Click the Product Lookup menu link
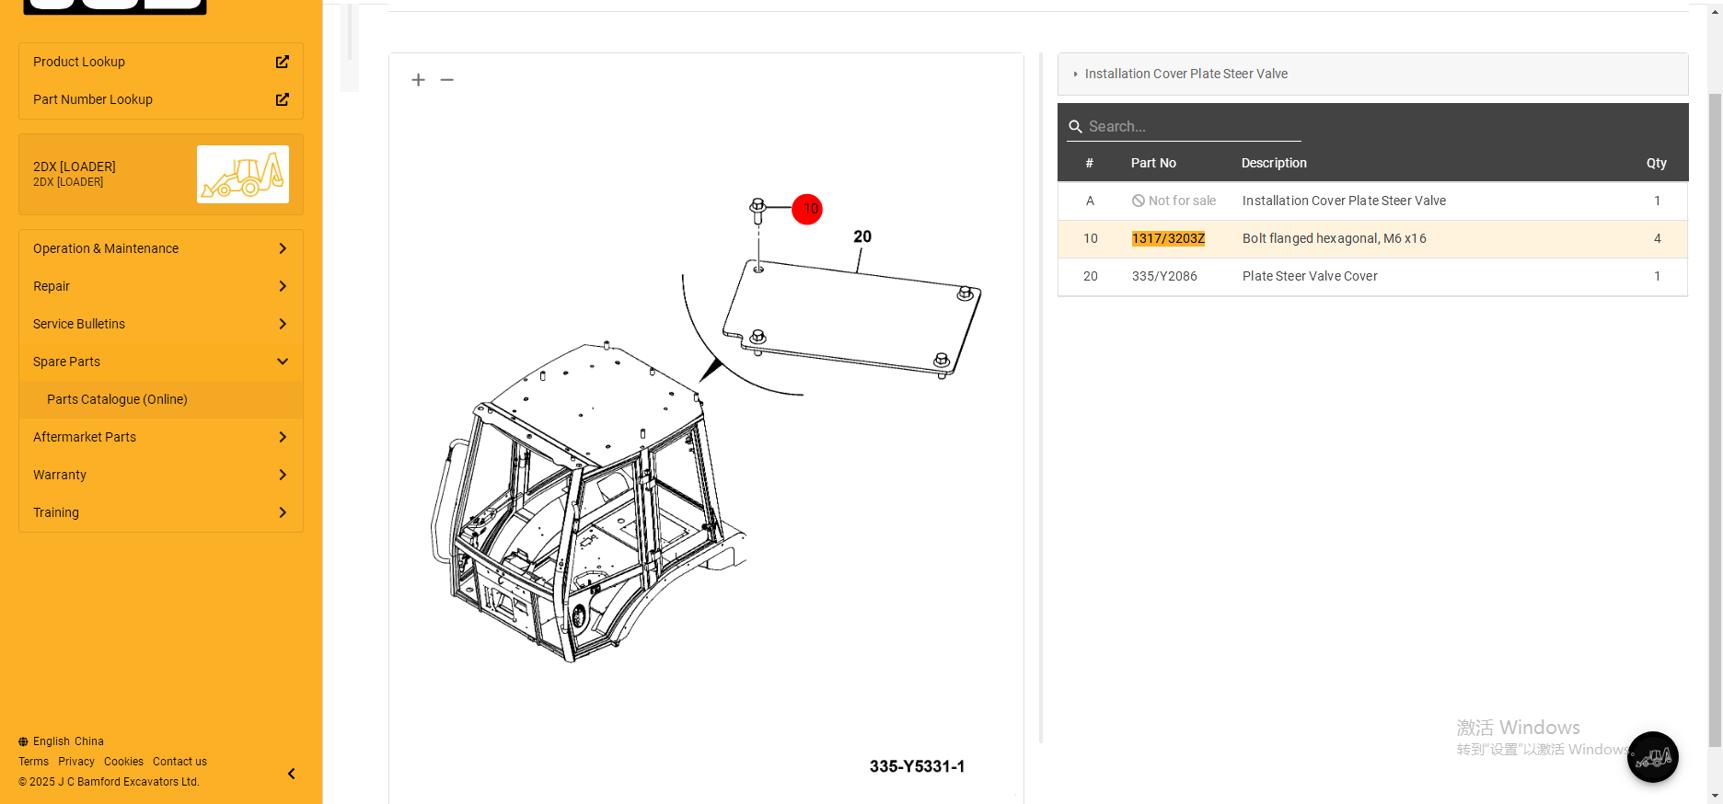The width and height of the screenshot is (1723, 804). click(161, 62)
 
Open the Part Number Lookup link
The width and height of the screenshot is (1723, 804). click(161, 99)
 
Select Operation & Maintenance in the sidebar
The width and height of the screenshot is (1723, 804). click(161, 248)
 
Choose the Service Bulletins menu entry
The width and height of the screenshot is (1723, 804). click(161, 324)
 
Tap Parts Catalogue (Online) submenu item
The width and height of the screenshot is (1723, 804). click(117, 399)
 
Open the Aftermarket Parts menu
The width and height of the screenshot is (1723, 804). click(161, 437)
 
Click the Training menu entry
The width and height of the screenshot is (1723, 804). click(161, 512)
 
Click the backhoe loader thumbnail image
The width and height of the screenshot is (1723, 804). click(243, 174)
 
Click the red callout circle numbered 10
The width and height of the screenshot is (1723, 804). click(807, 209)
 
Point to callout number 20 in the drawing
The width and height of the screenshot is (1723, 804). click(862, 236)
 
